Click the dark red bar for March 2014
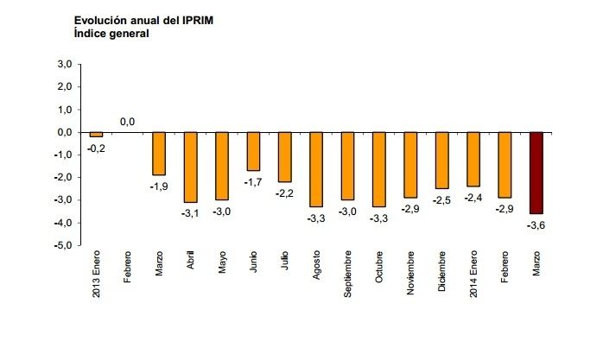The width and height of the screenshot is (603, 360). (x=536, y=173)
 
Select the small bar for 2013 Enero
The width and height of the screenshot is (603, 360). (x=96, y=135)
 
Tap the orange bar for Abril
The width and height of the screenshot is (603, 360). (x=190, y=167)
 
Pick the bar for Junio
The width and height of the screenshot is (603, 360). (x=253, y=151)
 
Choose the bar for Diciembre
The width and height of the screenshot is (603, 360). (x=442, y=160)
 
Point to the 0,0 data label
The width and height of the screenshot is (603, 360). (x=127, y=122)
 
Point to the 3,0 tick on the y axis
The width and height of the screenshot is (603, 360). (x=64, y=65)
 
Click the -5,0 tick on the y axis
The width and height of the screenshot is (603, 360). (x=62, y=245)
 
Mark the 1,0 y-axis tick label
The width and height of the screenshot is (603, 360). (x=64, y=110)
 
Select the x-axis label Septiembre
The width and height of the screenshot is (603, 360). (x=348, y=275)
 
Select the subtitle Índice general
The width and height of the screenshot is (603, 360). (x=111, y=34)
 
